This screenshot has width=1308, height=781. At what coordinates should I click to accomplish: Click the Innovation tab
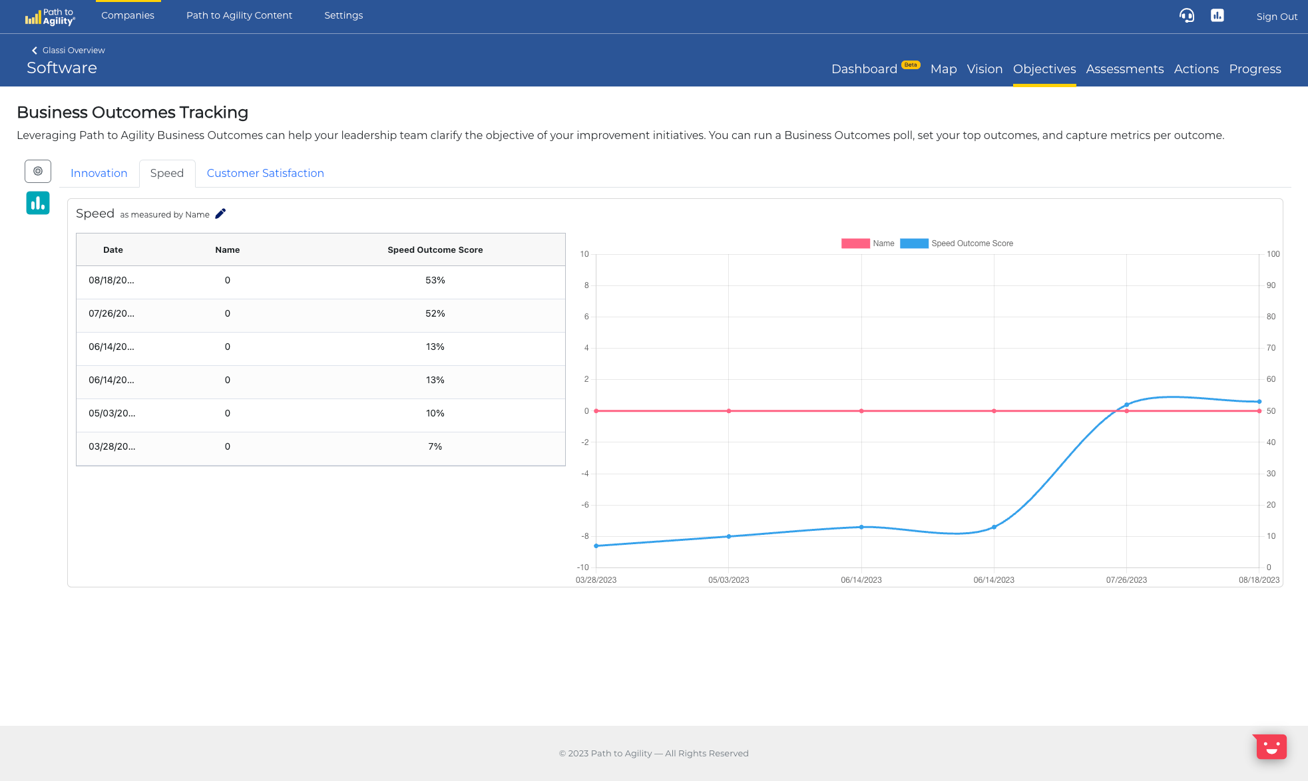99,173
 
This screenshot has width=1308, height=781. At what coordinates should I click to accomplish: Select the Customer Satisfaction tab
265,173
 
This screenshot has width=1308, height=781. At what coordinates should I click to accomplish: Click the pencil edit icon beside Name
220,214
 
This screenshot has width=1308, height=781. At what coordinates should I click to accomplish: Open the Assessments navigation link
1124,69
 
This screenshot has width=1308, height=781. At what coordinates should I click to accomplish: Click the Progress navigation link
1255,69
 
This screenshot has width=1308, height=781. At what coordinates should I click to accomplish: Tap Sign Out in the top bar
1276,17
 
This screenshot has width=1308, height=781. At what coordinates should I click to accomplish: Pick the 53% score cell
435,281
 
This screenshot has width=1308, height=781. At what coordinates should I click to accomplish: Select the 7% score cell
435,447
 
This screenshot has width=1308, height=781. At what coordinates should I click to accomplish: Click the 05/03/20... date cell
111,414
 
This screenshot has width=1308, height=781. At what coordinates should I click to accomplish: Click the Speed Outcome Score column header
435,250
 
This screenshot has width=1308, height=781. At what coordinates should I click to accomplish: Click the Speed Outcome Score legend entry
971,243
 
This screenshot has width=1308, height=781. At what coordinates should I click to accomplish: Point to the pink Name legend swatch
855,243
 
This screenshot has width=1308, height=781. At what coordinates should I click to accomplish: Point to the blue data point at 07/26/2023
1126,404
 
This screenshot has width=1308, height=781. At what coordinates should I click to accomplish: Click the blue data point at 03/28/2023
596,546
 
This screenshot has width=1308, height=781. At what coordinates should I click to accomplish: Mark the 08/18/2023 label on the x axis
1258,580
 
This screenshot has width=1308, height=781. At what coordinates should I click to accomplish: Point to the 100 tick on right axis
1273,254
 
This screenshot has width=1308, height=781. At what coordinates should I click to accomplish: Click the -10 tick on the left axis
582,567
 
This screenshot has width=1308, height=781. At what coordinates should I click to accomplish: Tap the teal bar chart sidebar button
38,203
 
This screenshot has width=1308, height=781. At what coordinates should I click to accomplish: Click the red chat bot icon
1271,746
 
